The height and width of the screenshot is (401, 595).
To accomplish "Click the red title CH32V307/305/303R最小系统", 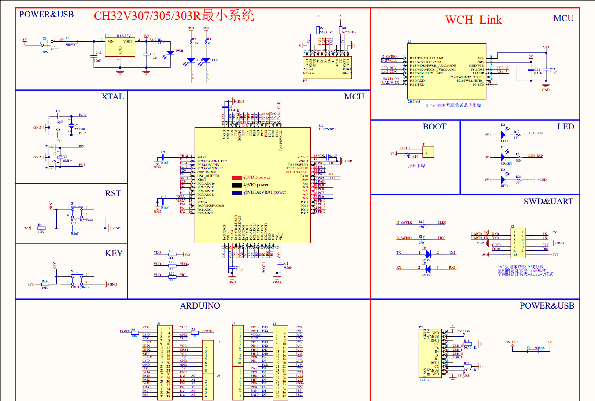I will (x=174, y=16).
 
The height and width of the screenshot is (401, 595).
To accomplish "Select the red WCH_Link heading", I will (x=473, y=20).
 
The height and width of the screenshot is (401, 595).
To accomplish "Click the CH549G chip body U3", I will (x=447, y=71).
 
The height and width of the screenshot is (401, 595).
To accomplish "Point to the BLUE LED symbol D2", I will (x=503, y=135).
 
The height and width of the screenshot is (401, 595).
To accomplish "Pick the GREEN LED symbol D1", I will (x=503, y=157).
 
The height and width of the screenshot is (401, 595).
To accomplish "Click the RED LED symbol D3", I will (x=503, y=180).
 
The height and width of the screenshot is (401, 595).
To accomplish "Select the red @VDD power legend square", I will (x=237, y=178).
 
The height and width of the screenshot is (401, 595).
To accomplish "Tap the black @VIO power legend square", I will (x=237, y=185).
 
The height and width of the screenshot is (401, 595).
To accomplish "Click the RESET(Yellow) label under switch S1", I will (x=82, y=220).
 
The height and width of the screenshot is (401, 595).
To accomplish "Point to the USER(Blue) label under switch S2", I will (x=80, y=287).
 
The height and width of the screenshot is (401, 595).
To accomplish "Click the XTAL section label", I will (x=112, y=97).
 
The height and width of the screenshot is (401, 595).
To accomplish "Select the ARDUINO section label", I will (x=200, y=306).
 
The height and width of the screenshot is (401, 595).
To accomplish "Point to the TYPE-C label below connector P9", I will (x=425, y=380).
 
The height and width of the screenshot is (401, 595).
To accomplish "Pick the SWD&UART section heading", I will (x=548, y=202).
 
